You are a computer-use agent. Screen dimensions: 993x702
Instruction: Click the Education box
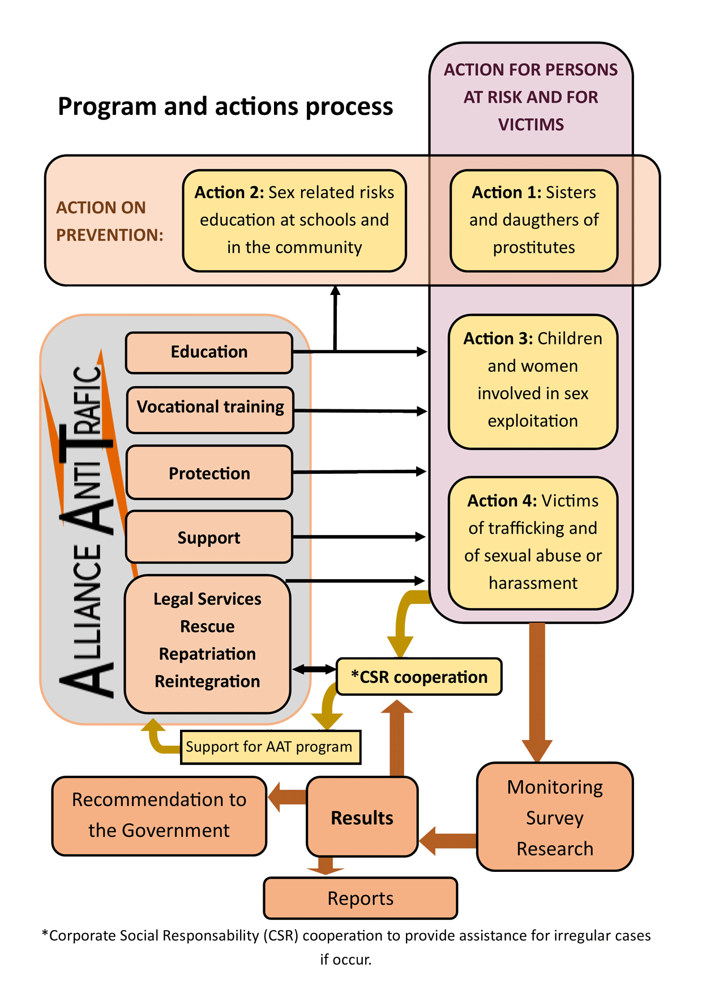209,352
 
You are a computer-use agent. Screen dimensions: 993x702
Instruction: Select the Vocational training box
210,408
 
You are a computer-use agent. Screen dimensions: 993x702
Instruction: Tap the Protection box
209,473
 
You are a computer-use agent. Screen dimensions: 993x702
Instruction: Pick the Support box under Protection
209,537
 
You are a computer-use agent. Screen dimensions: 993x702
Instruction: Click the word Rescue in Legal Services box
207,627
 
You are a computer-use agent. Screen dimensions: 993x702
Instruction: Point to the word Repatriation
207,654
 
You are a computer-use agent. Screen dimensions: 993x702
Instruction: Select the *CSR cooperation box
419,677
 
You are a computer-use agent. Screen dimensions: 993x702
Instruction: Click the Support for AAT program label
269,747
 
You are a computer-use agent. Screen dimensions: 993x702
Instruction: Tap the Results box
362,817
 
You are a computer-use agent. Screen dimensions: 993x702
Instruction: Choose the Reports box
361,898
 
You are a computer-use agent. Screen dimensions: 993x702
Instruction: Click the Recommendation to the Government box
159,815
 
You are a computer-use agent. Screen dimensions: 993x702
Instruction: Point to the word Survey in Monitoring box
555,818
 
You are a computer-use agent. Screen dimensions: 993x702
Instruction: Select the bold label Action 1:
507,192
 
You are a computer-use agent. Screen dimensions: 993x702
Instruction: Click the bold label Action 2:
229,192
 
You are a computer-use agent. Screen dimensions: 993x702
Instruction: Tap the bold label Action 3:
498,339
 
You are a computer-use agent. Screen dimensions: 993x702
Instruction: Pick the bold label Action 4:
502,501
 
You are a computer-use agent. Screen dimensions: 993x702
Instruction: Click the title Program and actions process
225,106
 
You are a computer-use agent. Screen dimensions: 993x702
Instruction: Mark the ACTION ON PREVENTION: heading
109,221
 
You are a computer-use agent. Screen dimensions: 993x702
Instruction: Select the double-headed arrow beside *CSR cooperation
315,670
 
